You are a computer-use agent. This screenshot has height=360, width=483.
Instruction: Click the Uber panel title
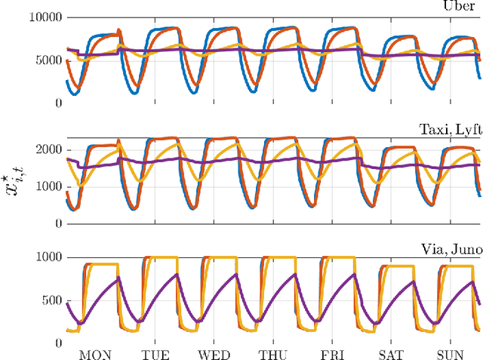coord(460,7)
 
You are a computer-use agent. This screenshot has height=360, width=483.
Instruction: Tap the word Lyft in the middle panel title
coord(466,129)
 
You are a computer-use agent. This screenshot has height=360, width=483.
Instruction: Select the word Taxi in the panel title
coord(433,129)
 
